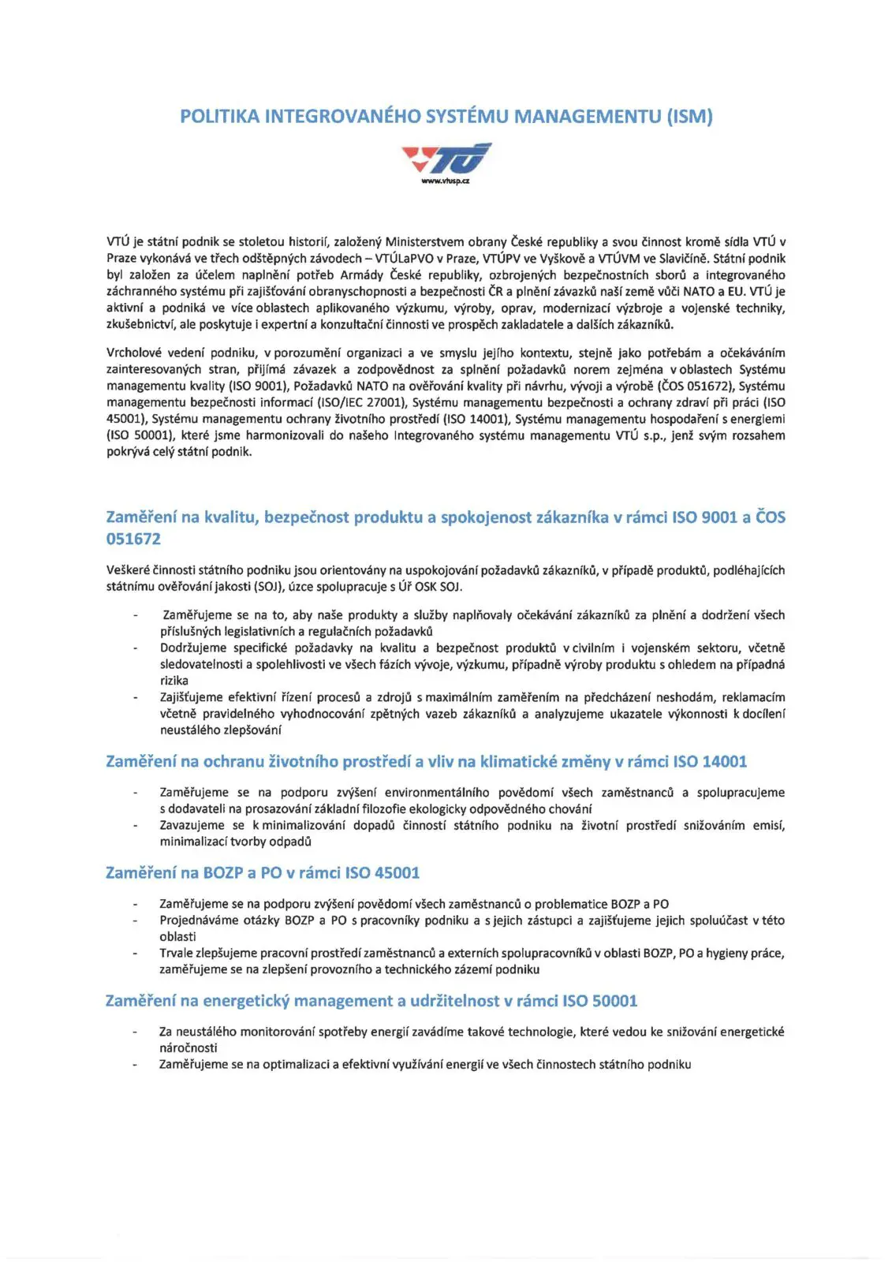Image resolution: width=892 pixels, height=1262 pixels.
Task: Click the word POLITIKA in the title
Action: tap(219, 117)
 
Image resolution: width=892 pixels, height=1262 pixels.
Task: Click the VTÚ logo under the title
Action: tap(446, 159)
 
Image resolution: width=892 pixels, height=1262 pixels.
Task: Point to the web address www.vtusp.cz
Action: tap(446, 181)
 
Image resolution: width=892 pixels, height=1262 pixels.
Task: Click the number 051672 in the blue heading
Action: tap(133, 540)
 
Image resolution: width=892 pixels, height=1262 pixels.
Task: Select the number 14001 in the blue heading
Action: tap(724, 762)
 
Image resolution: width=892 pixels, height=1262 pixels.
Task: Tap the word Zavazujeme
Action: tap(192, 826)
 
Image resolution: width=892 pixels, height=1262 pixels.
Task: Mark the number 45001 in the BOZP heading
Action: tap(397, 873)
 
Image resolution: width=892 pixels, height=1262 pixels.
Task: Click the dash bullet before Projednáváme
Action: tap(136, 920)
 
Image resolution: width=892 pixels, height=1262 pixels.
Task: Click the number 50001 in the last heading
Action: tap(614, 1001)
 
